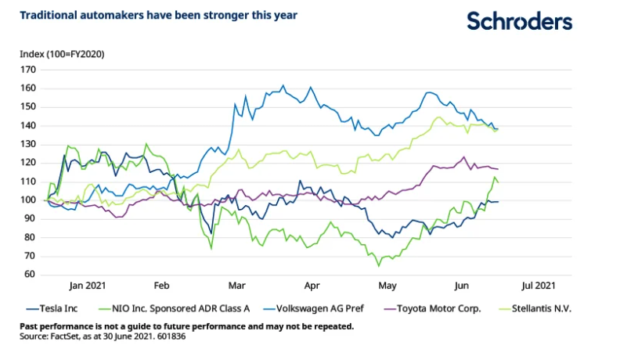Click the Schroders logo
coord(519,21)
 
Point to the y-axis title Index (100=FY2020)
coord(63,54)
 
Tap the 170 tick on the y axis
coord(29,70)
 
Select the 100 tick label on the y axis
coord(29,200)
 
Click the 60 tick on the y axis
coord(31,275)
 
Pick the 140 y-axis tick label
coord(29,125)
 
